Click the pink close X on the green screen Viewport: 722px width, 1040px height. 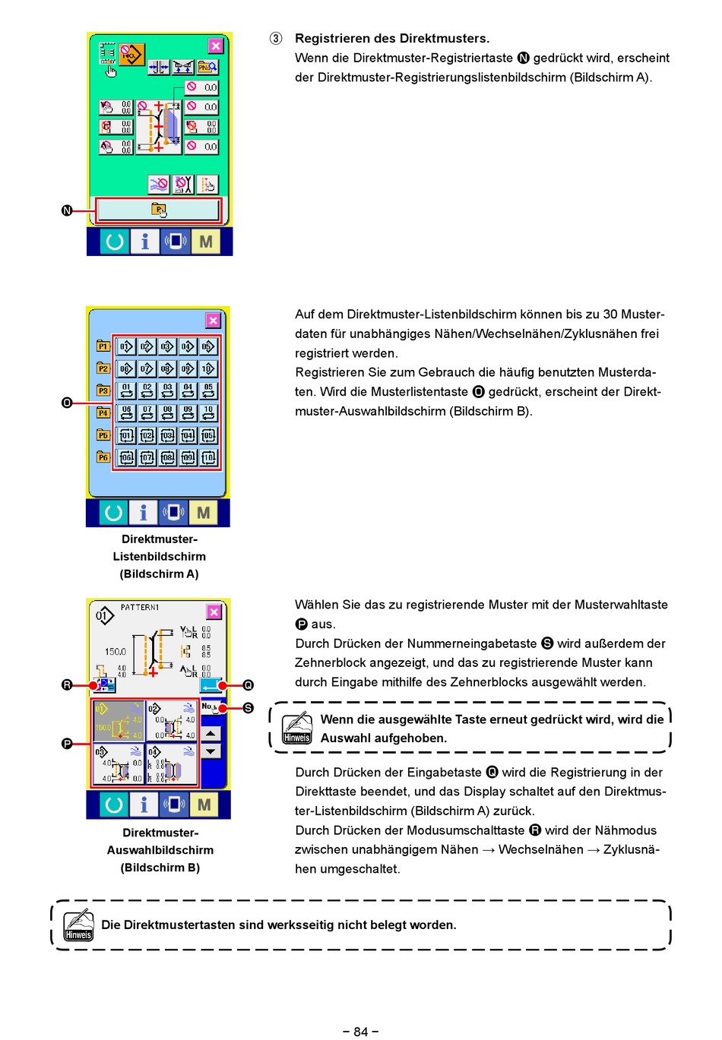[x=216, y=46]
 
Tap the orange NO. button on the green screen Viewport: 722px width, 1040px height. [x=131, y=53]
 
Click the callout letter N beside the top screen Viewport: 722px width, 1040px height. [x=67, y=210]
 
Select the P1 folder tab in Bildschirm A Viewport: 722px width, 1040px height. [x=103, y=346]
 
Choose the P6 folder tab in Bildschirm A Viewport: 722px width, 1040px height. [x=103, y=457]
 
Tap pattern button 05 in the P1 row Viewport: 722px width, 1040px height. [x=208, y=346]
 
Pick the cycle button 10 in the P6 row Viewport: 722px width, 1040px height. [x=208, y=457]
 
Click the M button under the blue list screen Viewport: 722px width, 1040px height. [x=203, y=513]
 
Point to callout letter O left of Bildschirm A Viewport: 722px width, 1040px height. [x=67, y=403]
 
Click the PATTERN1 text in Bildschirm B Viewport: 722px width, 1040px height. [x=140, y=608]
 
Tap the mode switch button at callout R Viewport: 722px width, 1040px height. [x=105, y=685]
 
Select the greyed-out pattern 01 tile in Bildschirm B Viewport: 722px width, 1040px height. [x=118, y=720]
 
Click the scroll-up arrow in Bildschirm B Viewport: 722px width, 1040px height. [x=211, y=733]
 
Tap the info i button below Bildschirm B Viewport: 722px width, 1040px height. [x=144, y=804]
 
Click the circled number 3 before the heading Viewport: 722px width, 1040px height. [x=276, y=38]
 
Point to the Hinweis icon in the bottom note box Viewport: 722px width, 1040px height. [x=78, y=925]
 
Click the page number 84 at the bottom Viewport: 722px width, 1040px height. [x=361, y=1031]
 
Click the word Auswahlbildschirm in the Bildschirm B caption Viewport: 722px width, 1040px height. [x=160, y=850]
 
